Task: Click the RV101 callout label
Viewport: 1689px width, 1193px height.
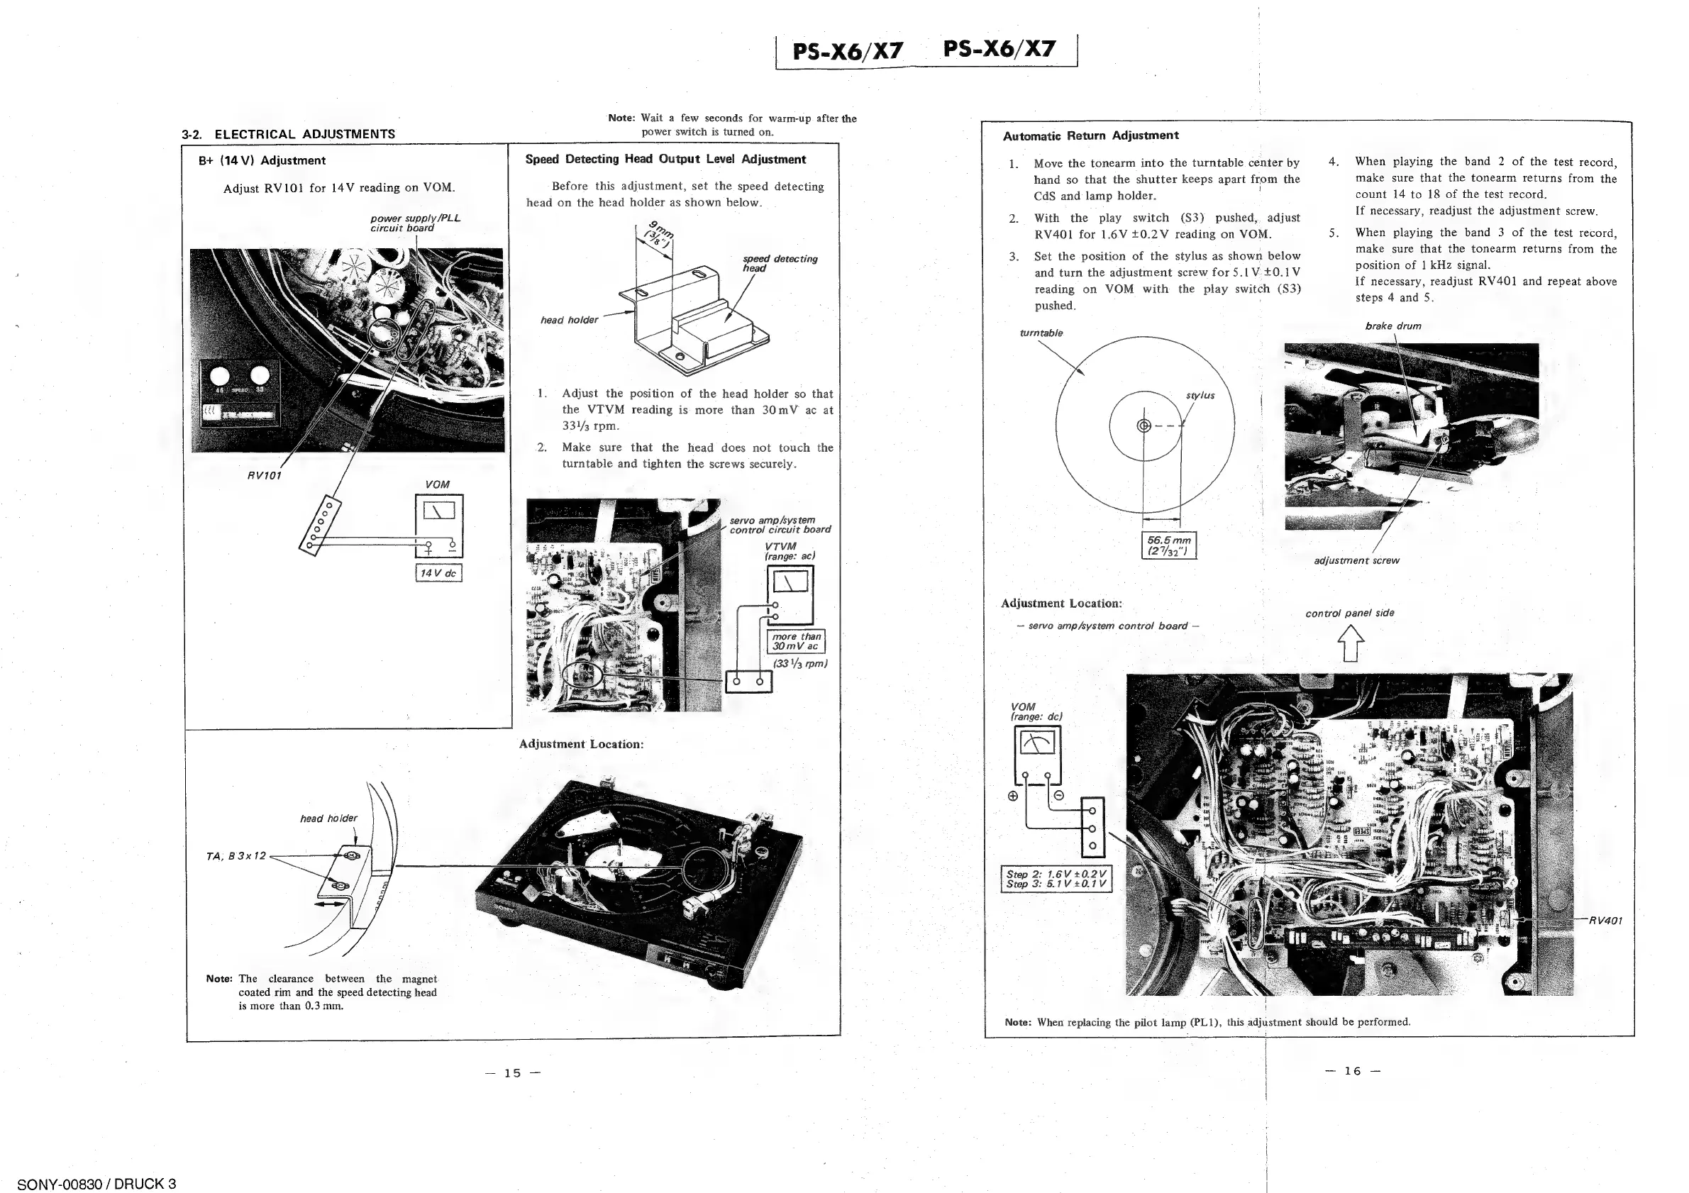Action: coord(264,475)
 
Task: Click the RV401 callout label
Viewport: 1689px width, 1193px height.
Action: coord(1605,920)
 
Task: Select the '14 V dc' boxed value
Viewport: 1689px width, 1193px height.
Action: coord(438,573)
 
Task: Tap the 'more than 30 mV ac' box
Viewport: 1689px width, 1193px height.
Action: coord(795,641)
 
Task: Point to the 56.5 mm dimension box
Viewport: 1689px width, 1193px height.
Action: coord(1168,545)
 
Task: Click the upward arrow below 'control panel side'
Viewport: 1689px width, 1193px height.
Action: coord(1351,643)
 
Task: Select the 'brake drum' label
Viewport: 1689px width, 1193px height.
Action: coord(1392,326)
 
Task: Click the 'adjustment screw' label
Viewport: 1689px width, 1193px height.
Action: coord(1356,560)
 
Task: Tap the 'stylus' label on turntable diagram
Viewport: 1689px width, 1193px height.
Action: coord(1200,396)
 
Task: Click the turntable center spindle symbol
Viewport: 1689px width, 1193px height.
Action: coord(1143,426)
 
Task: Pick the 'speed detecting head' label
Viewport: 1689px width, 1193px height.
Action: coord(779,263)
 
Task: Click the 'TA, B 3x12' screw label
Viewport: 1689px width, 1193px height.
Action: coord(236,856)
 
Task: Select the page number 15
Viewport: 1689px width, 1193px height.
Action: coord(513,1072)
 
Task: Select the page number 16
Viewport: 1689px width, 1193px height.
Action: coord(1352,1071)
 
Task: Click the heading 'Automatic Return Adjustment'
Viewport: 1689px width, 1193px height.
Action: coord(1090,135)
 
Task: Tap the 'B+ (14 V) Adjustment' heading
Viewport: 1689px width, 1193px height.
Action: coord(262,160)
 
